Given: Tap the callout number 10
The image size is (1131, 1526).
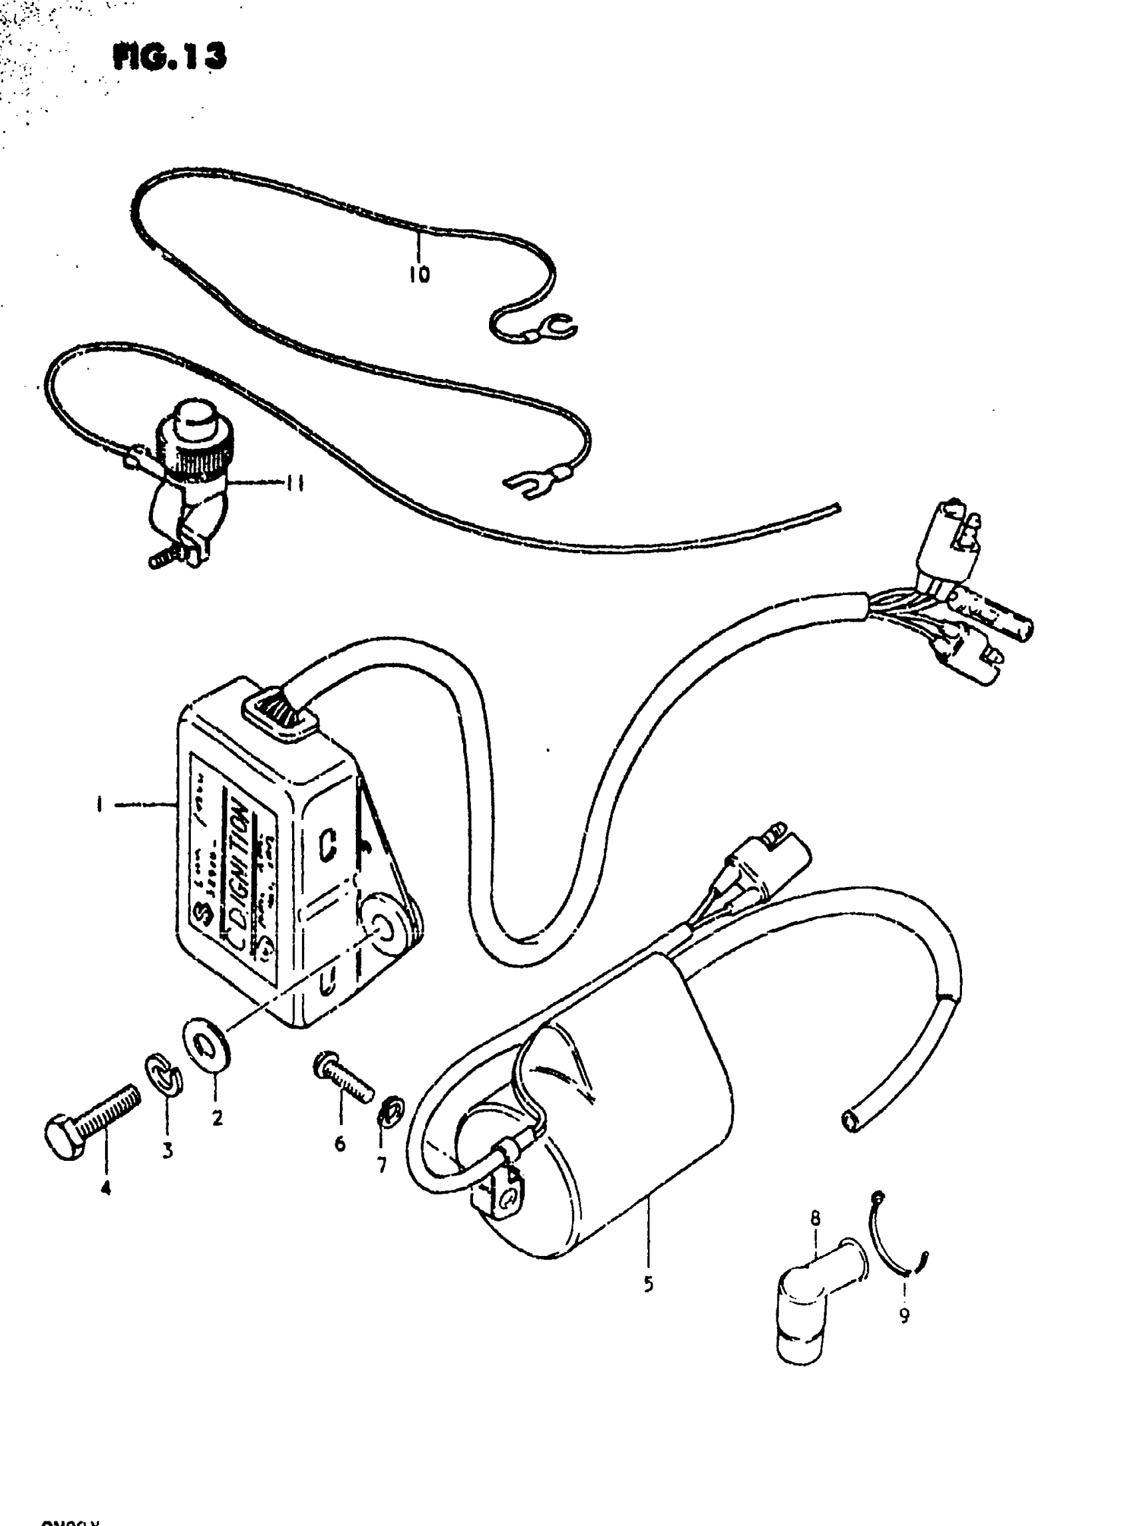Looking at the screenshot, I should (419, 275).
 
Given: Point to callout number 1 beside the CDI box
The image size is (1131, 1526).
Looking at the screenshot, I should (100, 805).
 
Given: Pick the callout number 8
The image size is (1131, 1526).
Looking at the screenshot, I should (815, 1217).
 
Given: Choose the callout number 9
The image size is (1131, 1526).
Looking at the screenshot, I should (903, 1315).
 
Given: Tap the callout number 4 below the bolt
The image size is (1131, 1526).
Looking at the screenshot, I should (105, 1189).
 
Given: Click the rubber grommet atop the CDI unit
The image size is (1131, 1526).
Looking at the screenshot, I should (280, 713).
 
